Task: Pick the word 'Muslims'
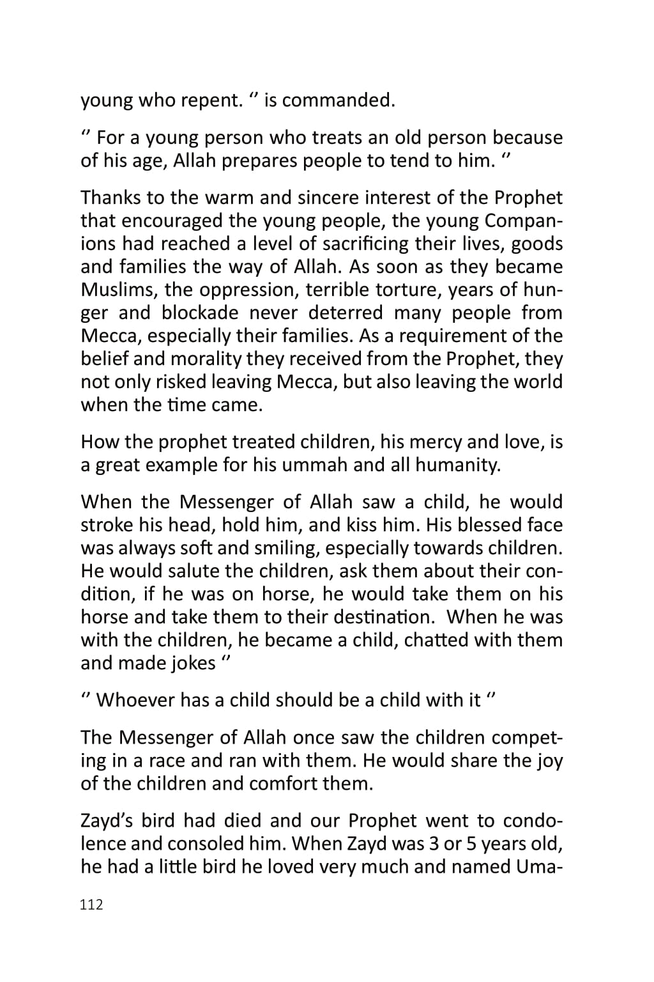119,290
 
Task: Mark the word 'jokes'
194,663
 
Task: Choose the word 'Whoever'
135,700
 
